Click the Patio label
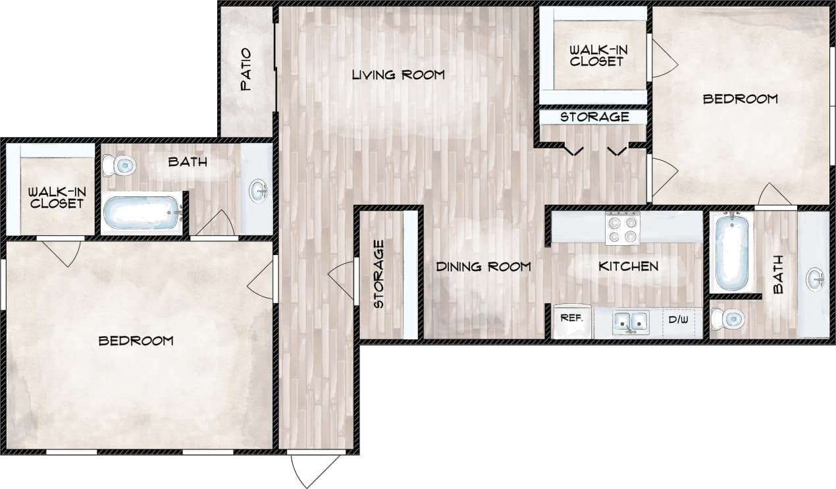[x=246, y=69]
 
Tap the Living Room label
[x=398, y=74]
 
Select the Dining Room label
[x=483, y=267]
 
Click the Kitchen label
[x=628, y=266]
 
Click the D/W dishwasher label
[x=678, y=320]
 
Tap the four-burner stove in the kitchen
[x=622, y=228]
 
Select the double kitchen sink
[x=630, y=322]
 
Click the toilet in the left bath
[x=120, y=165]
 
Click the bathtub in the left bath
[x=142, y=212]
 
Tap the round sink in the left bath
[x=259, y=191]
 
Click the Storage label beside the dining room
[x=379, y=274]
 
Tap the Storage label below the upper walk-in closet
[x=594, y=117]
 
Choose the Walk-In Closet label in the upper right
[x=596, y=55]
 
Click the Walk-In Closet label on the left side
[x=56, y=197]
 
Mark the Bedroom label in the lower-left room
[x=136, y=341]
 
